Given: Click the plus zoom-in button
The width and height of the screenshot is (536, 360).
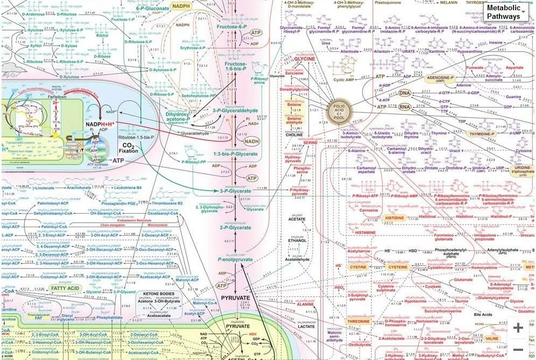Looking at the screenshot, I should coord(518,328).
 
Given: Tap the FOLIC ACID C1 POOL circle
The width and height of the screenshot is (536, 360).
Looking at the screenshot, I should coord(340,111).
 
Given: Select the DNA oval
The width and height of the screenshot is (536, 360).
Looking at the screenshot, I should coord(405,94).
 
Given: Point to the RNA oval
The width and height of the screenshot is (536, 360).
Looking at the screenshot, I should coord(405,107).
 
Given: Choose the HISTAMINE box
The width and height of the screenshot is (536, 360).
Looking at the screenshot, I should coord(366,232).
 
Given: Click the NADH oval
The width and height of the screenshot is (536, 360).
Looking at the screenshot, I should coord(251,141).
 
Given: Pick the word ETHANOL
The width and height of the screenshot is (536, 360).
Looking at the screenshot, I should coord(295,241).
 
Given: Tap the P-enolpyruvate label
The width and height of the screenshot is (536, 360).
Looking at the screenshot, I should coord(235,259).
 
